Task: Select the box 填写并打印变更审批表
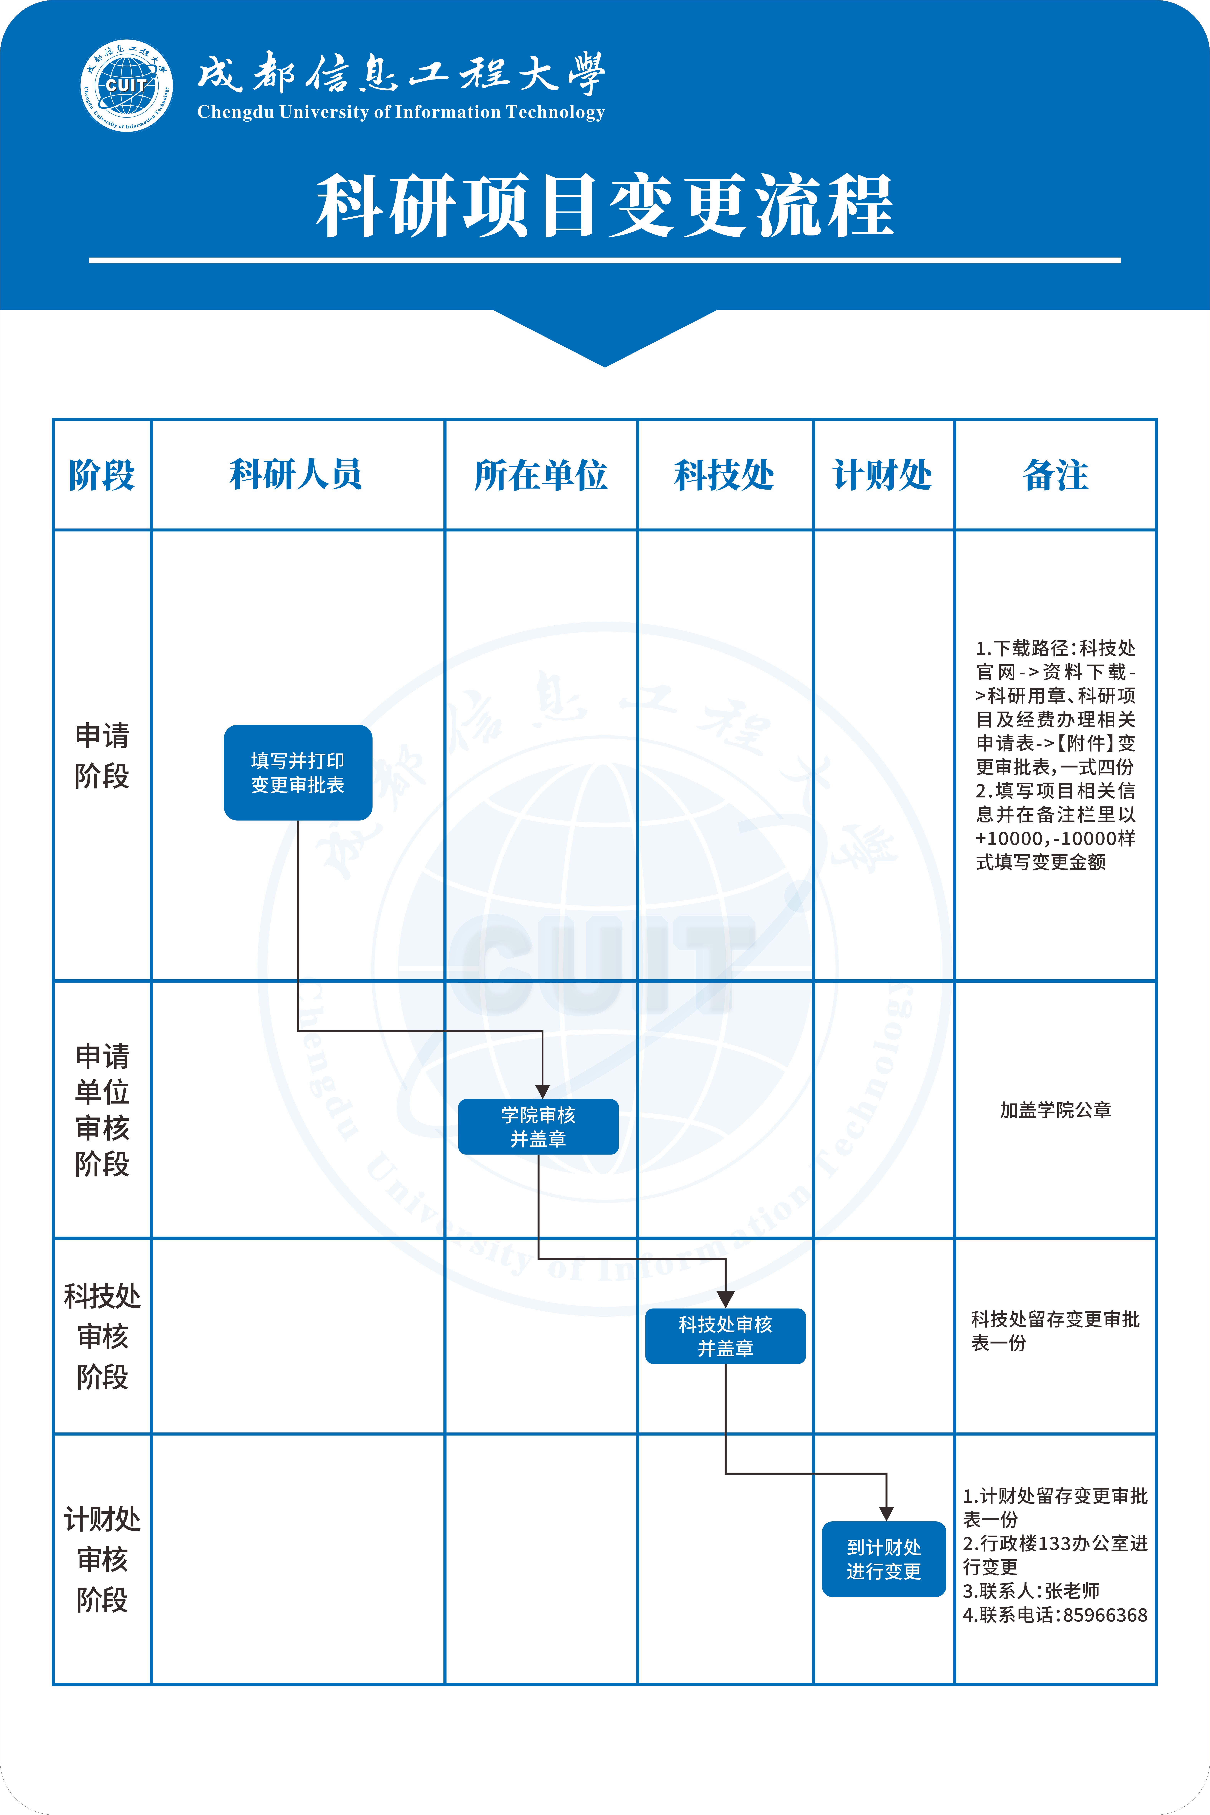pyautogui.click(x=298, y=772)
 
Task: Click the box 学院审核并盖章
pyautogui.click(x=538, y=1127)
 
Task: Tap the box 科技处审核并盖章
pyautogui.click(x=725, y=1336)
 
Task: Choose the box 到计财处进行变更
pyautogui.click(x=884, y=1559)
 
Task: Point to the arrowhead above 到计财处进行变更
pyautogui.click(x=887, y=1513)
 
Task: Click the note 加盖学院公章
pyautogui.click(x=1055, y=1110)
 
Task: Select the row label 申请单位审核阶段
pyautogui.click(x=102, y=1110)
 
